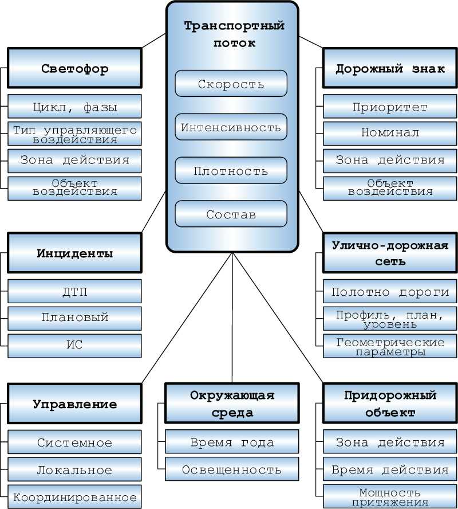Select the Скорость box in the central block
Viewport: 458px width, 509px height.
231,84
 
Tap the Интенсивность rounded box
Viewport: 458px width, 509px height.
231,127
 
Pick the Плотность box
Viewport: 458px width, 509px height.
231,171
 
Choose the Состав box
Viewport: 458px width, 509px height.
231,214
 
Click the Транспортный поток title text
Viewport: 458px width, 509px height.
234,34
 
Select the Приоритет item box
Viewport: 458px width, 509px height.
390,107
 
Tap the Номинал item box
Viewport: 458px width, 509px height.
390,133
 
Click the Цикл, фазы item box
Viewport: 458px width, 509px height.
74,107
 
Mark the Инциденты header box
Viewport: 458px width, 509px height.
74,253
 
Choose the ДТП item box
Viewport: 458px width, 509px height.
74,292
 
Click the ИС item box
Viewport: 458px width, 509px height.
74,345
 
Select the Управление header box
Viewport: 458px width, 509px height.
74,404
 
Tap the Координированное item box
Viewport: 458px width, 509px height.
74,497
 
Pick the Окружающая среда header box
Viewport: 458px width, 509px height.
232,404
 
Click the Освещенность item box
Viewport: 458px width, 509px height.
232,470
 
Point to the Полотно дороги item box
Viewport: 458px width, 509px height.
390,292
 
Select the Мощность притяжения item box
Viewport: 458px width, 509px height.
390,497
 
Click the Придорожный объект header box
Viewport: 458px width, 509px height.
390,404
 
